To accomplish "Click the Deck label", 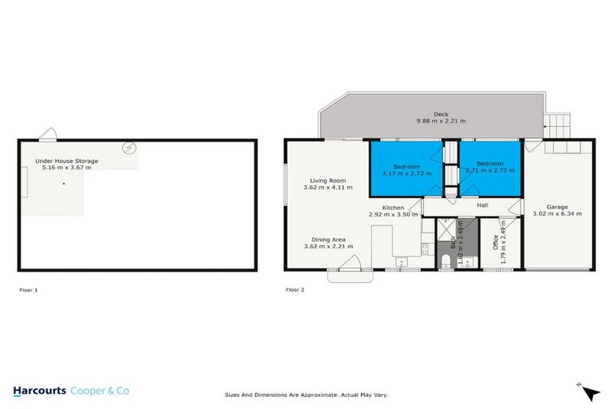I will coord(441,113).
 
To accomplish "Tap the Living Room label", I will coord(328,181).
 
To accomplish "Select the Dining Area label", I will coord(328,239).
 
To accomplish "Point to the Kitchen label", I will coord(393,208).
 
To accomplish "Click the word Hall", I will coord(482,205).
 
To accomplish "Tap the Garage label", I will coord(557,207).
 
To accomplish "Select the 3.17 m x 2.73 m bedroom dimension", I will coord(406,173).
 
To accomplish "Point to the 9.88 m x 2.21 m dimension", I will coord(441,121).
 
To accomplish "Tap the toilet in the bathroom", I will coord(445,264).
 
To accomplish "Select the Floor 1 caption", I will coord(28,289).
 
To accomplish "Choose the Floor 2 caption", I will coord(295,289).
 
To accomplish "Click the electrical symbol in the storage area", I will coord(129,149).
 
